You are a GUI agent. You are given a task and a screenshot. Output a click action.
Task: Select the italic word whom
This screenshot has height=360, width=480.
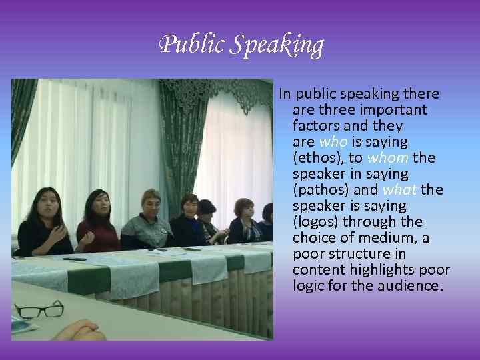[x=388, y=157]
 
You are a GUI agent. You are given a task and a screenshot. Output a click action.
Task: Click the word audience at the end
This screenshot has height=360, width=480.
[x=412, y=285]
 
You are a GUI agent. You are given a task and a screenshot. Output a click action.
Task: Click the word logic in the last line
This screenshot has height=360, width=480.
[x=307, y=285]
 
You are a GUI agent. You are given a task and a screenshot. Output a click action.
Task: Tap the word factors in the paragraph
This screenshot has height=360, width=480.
[x=316, y=125]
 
